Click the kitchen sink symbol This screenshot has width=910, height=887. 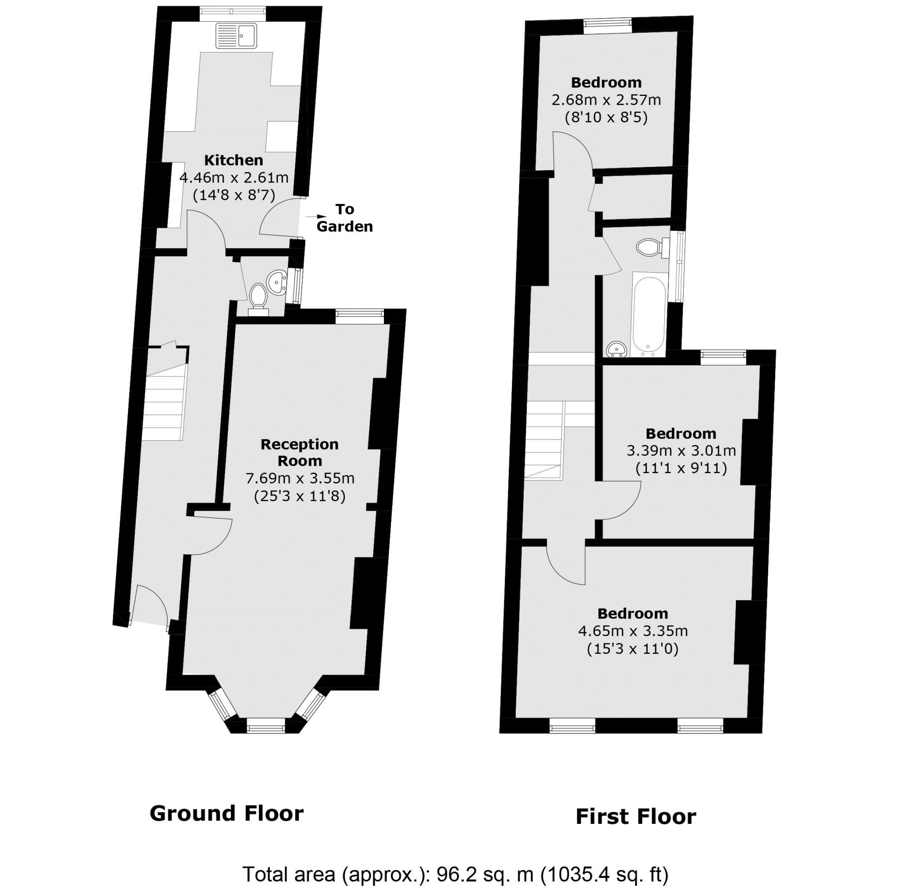point(236,36)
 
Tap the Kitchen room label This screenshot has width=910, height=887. point(234,160)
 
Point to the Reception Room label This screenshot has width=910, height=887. point(299,452)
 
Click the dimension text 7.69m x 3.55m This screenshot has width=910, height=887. point(300,479)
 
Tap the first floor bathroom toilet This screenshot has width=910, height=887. point(648,247)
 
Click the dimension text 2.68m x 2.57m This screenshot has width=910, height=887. point(606,100)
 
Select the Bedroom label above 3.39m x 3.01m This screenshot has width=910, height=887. point(681,434)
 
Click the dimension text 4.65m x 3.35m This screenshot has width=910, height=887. point(633,631)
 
